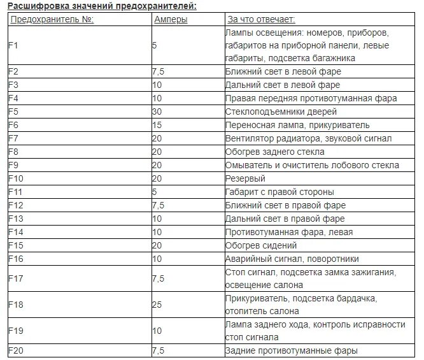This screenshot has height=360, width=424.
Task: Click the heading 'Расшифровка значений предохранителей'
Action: click(x=102, y=6)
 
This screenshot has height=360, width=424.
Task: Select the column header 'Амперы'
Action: click(x=171, y=19)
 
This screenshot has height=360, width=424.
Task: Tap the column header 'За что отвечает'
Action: click(x=257, y=19)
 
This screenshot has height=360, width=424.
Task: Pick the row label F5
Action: click(x=13, y=112)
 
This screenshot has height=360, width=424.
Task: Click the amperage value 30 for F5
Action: click(x=157, y=112)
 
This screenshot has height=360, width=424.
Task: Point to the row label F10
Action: click(x=15, y=178)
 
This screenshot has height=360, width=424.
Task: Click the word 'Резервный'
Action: click(x=245, y=178)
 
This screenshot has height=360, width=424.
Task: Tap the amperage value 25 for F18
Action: click(x=157, y=305)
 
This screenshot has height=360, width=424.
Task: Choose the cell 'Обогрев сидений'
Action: click(x=261, y=245)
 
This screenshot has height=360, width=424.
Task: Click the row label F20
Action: click(x=15, y=350)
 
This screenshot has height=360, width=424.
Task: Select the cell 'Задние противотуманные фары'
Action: click(x=292, y=350)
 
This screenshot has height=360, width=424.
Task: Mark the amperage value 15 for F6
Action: click(x=157, y=125)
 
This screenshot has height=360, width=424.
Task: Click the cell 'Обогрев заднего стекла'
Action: click(x=274, y=152)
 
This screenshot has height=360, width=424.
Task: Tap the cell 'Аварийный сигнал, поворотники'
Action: click(x=292, y=259)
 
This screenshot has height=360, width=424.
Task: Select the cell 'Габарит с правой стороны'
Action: click(x=279, y=192)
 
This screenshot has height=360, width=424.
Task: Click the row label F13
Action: click(x=15, y=219)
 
